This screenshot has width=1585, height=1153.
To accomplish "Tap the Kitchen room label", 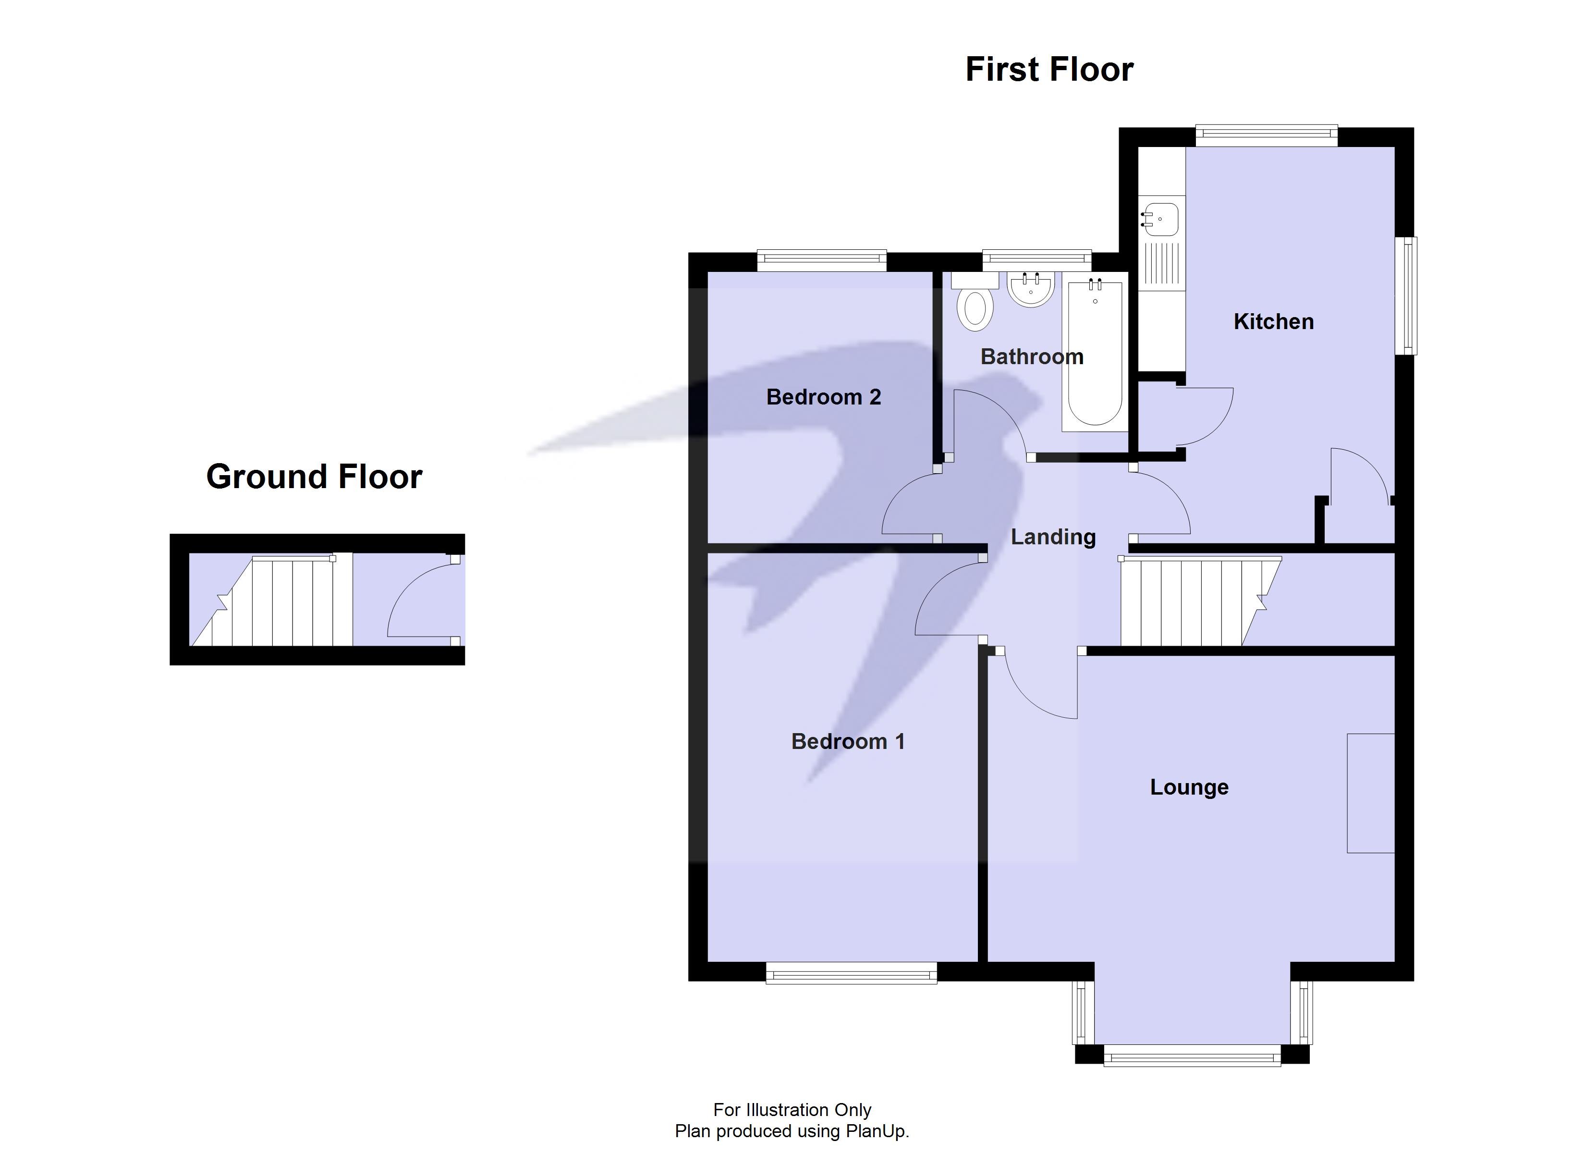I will coord(1273,321).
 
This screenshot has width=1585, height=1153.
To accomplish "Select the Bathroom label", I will coord(1032,356).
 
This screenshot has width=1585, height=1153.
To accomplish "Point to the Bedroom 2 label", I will coord(823,397).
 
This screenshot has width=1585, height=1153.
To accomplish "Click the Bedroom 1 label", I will coord(848,741).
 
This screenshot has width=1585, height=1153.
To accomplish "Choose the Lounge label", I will coord(1189,787).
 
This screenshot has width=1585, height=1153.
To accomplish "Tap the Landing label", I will coord(1053,537).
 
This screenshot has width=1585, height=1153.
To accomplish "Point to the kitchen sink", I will coord(1160,219).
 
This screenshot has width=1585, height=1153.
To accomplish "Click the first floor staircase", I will coord(1188,601).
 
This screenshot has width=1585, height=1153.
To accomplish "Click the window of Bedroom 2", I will coord(822,261).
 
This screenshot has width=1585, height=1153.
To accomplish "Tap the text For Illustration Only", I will coord(792,1110).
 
